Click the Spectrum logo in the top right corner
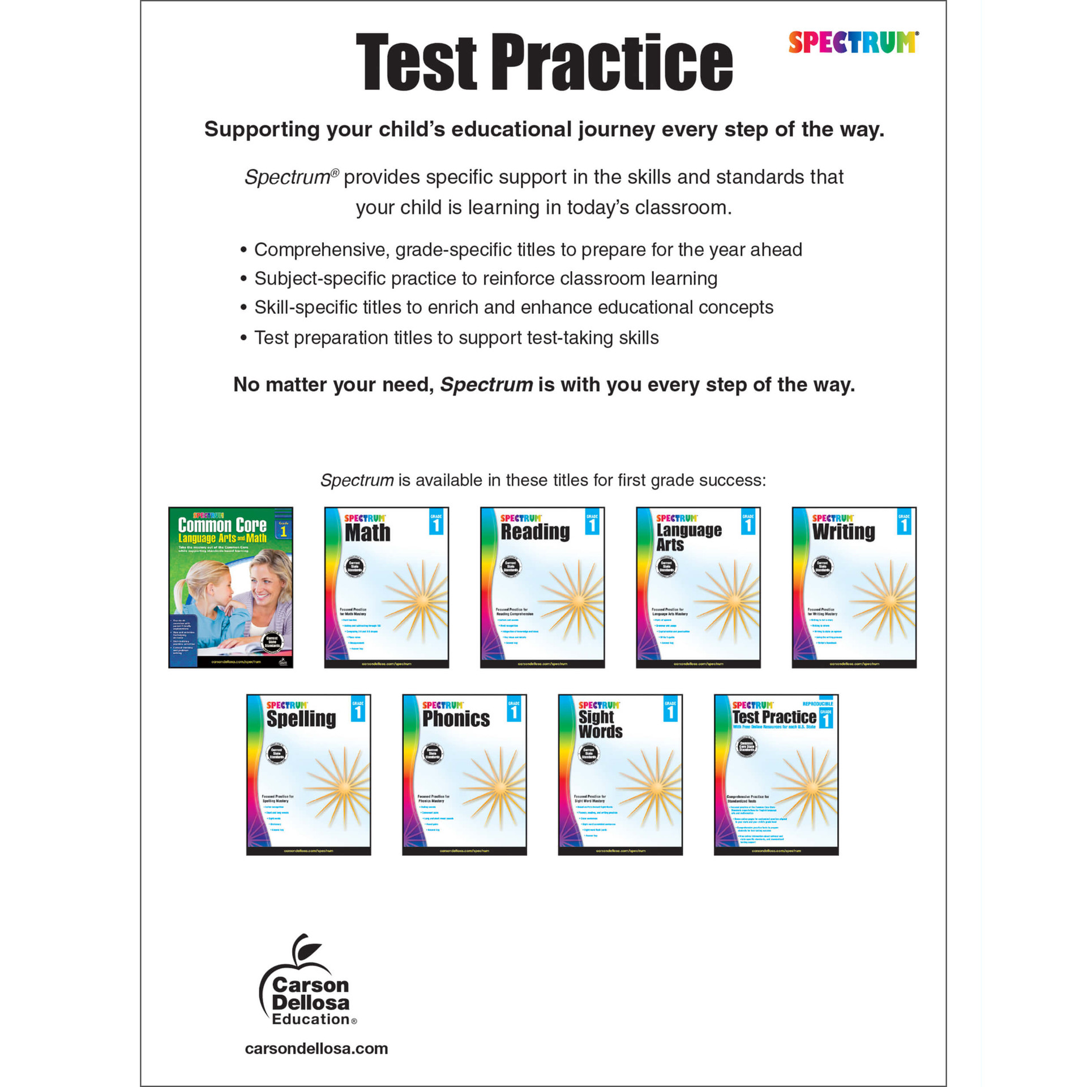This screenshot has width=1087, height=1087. pos(853,42)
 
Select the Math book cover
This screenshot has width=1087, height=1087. pos(386,587)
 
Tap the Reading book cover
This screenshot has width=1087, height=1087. pos(542,587)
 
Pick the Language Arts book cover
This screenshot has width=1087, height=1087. pos(698,587)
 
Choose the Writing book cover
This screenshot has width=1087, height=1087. pos(854,587)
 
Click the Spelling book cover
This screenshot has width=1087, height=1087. pos(309,774)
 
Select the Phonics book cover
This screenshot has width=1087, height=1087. pos(464,774)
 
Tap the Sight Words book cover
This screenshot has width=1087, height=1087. pos(620,774)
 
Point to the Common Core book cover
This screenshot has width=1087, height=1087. pos(230,587)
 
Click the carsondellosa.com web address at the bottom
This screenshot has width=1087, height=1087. pos(316,1049)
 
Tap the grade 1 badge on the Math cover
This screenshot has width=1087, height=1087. pos(436,523)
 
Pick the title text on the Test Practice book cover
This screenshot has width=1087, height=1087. pos(773,717)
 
